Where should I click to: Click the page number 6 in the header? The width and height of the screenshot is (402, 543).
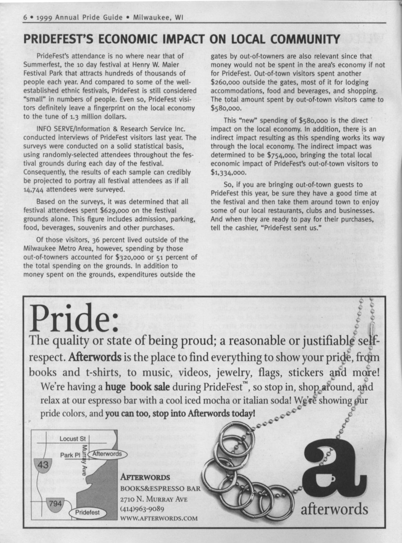pos(25,17)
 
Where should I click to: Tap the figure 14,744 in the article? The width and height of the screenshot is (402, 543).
pos(34,190)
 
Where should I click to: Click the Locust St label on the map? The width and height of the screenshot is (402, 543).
pos(72,439)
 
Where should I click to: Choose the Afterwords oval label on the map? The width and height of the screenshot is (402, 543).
pos(108,454)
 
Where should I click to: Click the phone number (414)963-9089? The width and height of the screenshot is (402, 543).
pos(142,509)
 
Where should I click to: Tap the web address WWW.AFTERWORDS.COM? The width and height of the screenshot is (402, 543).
pos(159,518)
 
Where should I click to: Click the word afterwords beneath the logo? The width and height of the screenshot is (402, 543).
pos(334,509)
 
